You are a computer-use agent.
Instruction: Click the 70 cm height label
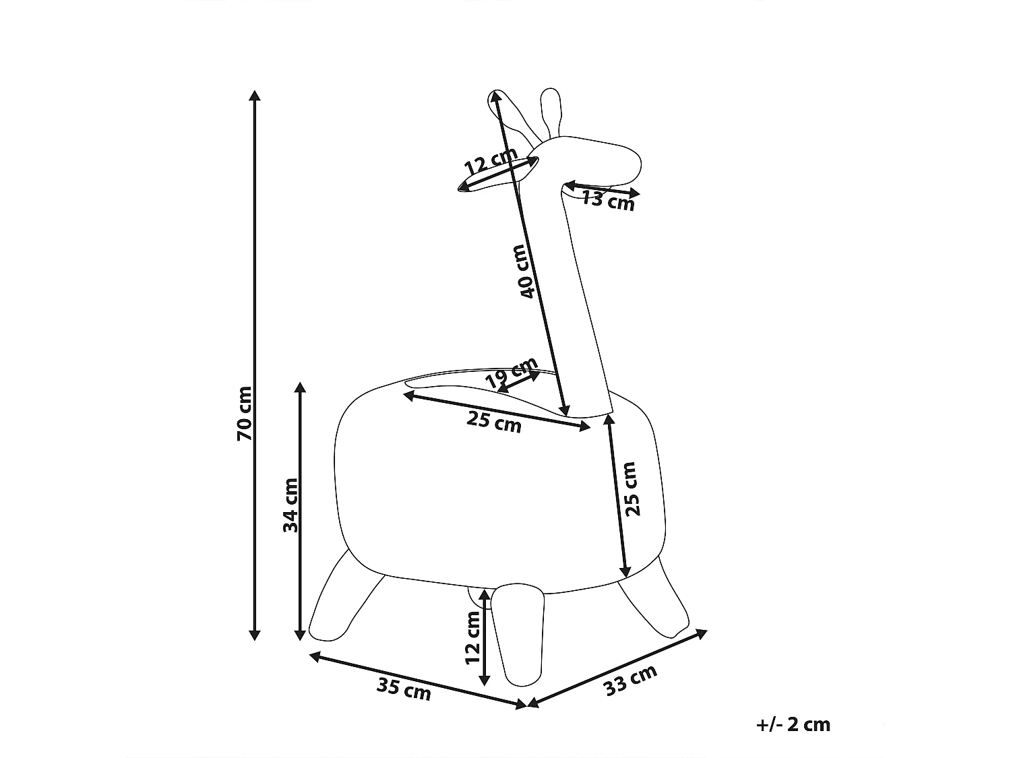coord(245,414)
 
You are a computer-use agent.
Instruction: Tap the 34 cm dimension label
coord(290,505)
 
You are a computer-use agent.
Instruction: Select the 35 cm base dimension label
coord(404,689)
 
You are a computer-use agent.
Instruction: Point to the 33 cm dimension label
coord(630,681)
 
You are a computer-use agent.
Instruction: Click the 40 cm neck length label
coord(526,272)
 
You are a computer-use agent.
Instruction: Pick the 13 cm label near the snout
coord(608,201)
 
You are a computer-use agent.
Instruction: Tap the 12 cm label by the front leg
coord(473,637)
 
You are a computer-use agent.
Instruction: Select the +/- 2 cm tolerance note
coord(793,724)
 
